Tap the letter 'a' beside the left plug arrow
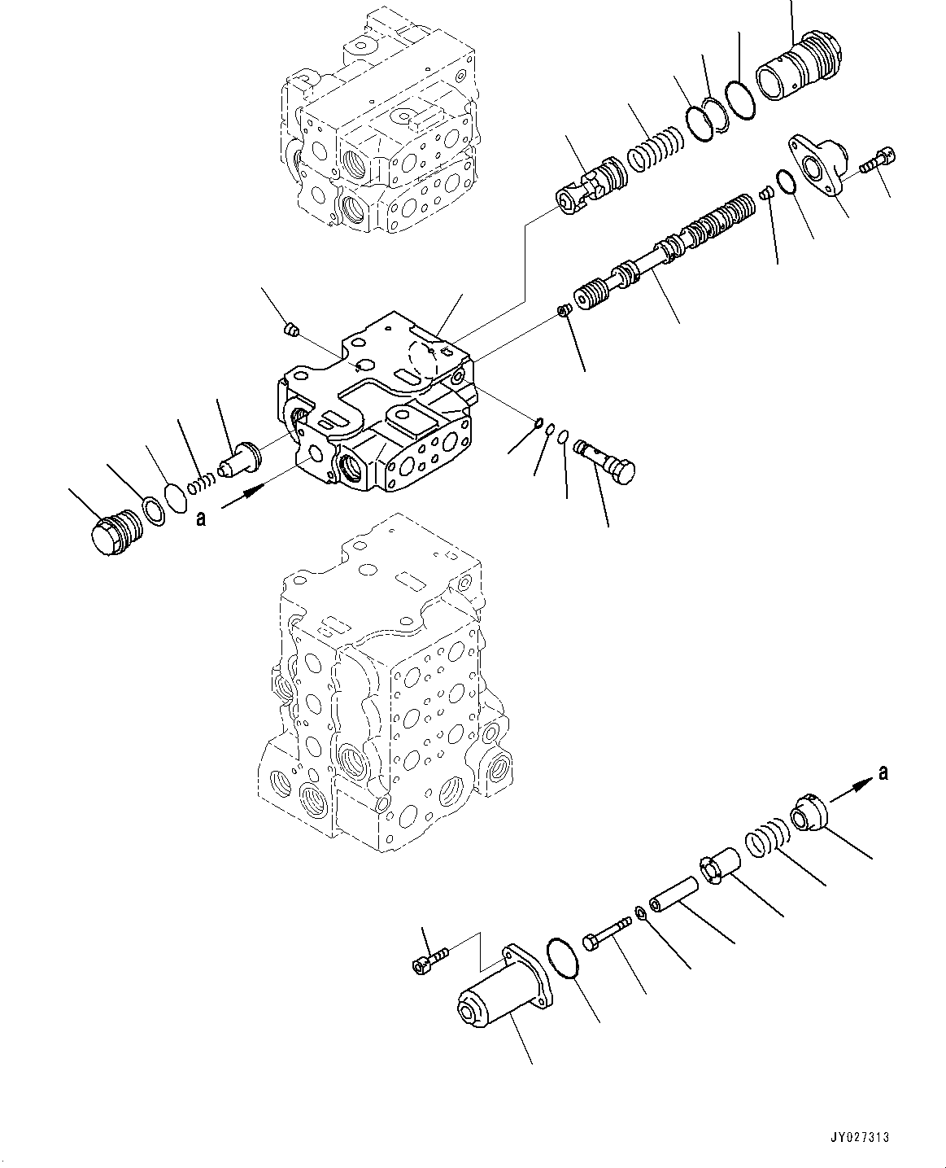[x=199, y=518]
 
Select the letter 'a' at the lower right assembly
[x=883, y=772]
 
